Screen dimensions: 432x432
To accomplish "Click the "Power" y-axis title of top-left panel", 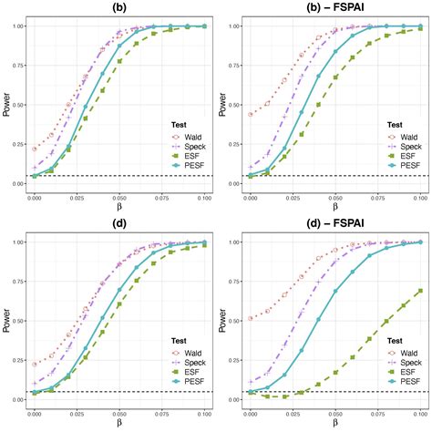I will coord(7,104).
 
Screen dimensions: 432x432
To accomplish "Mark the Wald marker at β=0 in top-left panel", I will coord(35,149).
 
